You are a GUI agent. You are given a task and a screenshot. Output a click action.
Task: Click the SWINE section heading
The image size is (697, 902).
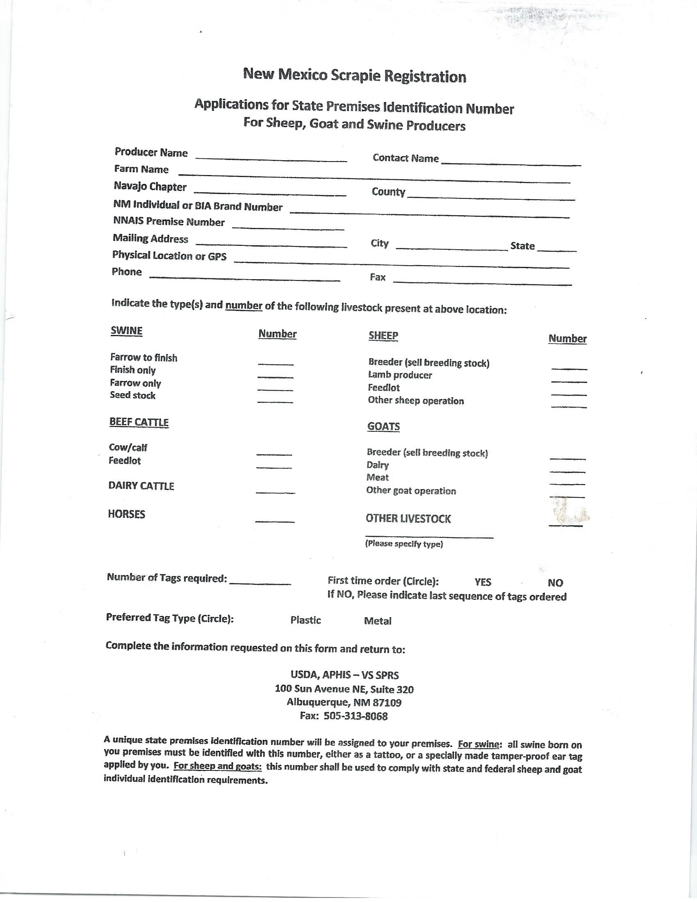click(126, 331)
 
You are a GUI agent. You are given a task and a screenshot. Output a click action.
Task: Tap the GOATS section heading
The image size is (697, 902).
click(383, 426)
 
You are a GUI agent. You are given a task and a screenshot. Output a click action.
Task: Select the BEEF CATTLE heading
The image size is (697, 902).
click(139, 422)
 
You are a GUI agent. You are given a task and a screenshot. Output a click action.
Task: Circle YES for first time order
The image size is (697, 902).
click(483, 582)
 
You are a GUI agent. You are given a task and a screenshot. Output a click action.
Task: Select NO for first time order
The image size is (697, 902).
click(555, 583)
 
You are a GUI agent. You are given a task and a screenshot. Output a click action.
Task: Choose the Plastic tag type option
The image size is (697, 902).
click(305, 620)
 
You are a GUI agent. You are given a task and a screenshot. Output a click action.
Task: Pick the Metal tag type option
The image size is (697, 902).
click(377, 621)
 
